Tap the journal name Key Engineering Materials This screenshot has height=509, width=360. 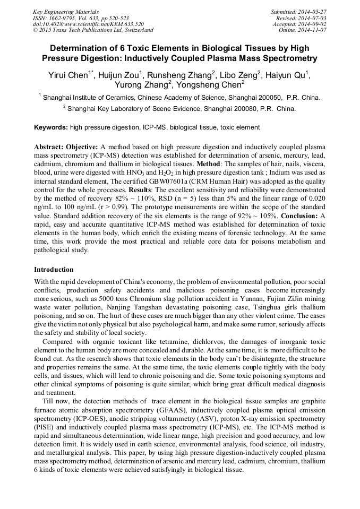click(x=66, y=11)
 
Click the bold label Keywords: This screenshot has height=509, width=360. click(x=51, y=127)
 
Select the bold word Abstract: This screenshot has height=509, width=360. click(x=49, y=146)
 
